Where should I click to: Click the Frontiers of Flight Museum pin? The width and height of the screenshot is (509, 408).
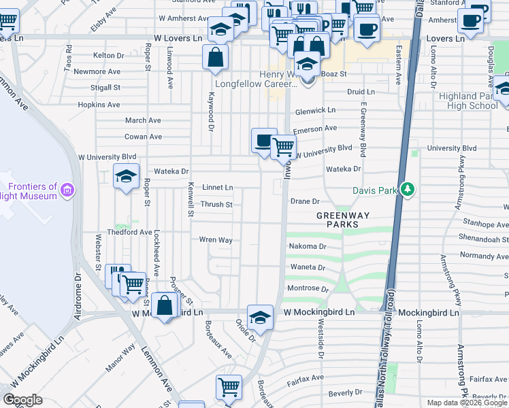click(67, 188)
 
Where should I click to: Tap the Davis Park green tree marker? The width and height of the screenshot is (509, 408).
click(408, 188)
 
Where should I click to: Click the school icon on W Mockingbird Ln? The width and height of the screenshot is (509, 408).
click(260, 317)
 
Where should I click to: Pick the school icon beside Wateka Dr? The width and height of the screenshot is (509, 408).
click(126, 176)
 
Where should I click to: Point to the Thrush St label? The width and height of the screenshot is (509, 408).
click(216, 204)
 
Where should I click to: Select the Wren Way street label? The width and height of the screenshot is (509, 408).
click(216, 240)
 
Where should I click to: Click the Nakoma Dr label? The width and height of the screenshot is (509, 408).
click(308, 246)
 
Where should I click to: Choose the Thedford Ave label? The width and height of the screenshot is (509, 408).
click(134, 232)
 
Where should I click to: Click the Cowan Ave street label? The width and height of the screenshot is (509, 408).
click(143, 137)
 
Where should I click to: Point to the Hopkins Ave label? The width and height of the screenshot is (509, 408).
click(99, 105)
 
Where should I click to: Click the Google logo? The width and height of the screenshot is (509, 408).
click(22, 400)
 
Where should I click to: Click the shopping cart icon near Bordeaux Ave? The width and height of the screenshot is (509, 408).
click(229, 387)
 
